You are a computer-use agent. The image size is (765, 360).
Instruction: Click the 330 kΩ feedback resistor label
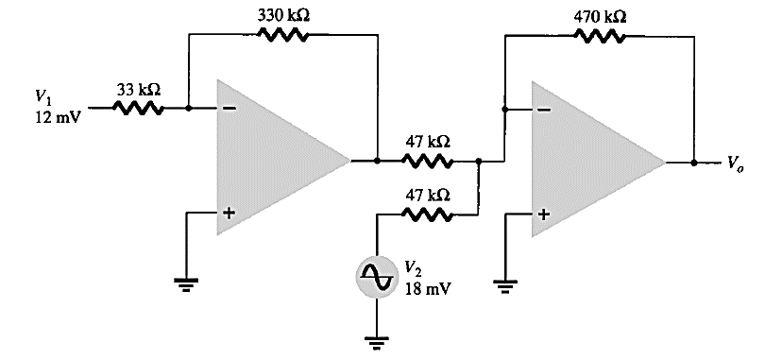[x=283, y=17]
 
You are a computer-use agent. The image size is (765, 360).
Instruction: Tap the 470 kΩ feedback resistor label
[x=600, y=17]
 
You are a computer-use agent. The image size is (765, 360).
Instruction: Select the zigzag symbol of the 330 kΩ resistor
[x=282, y=35]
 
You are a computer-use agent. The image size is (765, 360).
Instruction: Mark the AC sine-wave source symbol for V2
[x=377, y=275]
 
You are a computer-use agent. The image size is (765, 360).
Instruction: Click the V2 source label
[x=414, y=267]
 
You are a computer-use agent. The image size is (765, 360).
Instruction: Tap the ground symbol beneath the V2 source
[x=377, y=342]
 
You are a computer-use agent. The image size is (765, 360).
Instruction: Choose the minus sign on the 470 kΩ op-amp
[x=543, y=110]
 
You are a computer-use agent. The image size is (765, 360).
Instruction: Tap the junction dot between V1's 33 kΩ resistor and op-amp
[x=189, y=108]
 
